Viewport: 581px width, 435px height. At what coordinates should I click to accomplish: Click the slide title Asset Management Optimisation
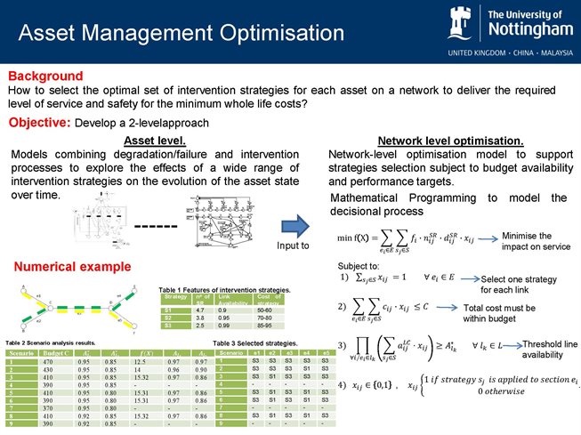[182, 34]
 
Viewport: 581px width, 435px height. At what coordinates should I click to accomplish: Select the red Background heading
[45, 77]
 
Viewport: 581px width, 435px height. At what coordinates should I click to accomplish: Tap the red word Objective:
[40, 121]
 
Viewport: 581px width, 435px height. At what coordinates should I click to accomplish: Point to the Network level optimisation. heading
[450, 141]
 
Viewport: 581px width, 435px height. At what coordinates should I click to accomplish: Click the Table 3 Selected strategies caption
[255, 342]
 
